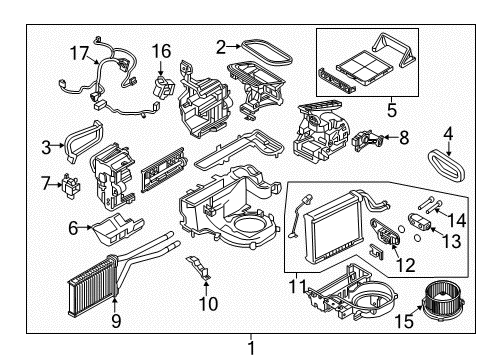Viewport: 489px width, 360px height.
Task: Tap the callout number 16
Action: coord(162,49)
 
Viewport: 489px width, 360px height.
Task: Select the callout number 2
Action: coord(221,45)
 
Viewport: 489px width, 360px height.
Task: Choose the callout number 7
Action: coord(46,183)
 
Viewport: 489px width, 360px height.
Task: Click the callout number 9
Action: coord(115,320)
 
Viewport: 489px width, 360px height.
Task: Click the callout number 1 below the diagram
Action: coord(251,348)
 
